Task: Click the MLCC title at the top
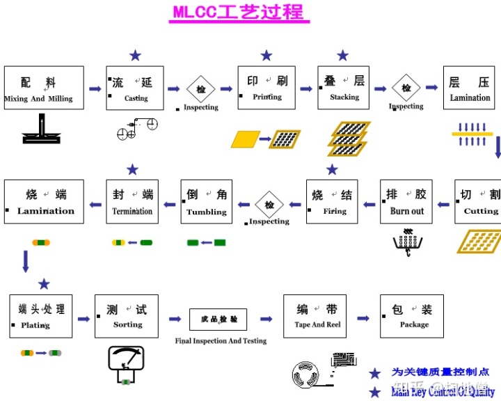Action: [239, 13]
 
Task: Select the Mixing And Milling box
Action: [44, 88]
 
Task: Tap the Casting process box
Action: [135, 88]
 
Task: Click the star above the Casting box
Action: [135, 55]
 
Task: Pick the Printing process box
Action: [267, 88]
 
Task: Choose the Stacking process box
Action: [344, 88]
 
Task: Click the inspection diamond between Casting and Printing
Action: [201, 89]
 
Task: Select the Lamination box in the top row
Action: [469, 88]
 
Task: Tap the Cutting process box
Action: [479, 201]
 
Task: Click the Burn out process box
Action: [406, 201]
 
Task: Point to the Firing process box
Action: [332, 201]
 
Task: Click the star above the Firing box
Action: [332, 169]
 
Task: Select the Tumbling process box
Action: [206, 201]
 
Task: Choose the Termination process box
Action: [132, 201]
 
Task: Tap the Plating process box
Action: [41, 316]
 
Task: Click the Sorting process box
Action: [127, 316]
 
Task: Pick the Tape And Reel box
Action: [315, 316]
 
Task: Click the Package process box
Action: [411, 316]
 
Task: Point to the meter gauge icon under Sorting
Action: [125, 362]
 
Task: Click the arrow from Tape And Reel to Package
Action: [363, 318]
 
